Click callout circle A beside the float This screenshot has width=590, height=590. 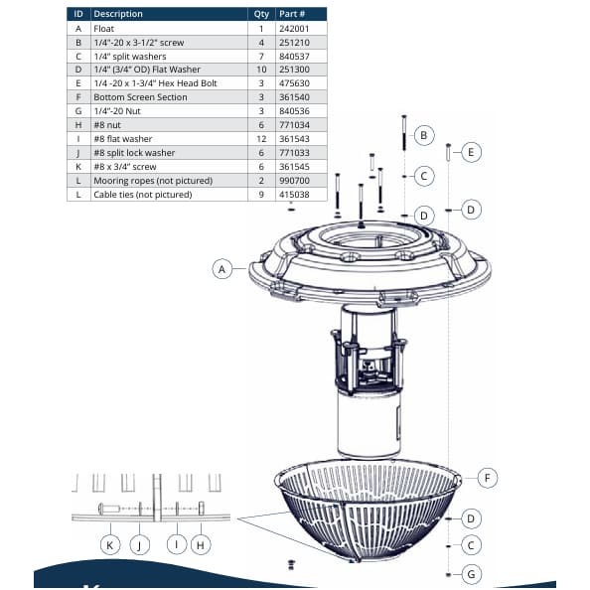click(224, 268)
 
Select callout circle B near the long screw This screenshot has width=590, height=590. click(423, 135)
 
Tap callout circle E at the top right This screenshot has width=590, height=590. click(473, 152)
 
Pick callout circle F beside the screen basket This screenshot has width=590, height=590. click(487, 478)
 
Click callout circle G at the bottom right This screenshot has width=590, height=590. click(473, 573)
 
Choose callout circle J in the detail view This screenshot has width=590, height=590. click(140, 543)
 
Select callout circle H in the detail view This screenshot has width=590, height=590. click(202, 543)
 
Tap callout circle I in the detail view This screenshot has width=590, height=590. click(175, 543)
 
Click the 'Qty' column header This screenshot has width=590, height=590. click(260, 14)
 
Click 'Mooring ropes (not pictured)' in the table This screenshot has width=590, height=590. click(151, 183)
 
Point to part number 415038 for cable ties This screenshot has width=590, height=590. click(296, 197)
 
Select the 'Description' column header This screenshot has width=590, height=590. click(119, 14)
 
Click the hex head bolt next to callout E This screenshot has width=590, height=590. click(449, 153)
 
